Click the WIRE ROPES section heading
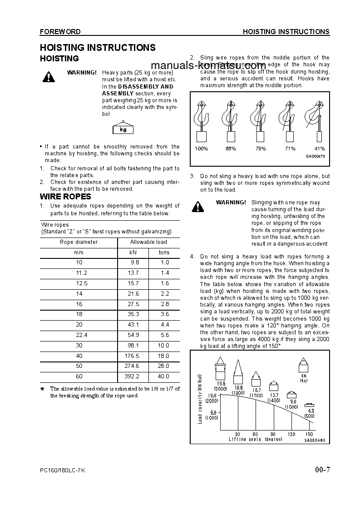(x=65, y=197)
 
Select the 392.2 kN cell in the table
(x=132, y=376)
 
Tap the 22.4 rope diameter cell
(x=79, y=335)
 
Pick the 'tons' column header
(x=164, y=253)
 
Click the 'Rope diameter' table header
(x=79, y=242)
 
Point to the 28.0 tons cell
(x=164, y=366)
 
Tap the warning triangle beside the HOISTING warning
(x=48, y=77)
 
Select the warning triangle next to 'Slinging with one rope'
(x=197, y=207)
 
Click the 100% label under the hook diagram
(x=201, y=149)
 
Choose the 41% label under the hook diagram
(x=319, y=149)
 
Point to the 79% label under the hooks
(x=261, y=149)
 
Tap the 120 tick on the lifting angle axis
(x=291, y=434)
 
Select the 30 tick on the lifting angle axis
(x=237, y=434)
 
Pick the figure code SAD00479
(x=315, y=156)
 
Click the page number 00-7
(x=322, y=470)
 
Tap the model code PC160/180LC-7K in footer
(x=62, y=470)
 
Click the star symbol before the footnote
(x=42, y=389)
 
